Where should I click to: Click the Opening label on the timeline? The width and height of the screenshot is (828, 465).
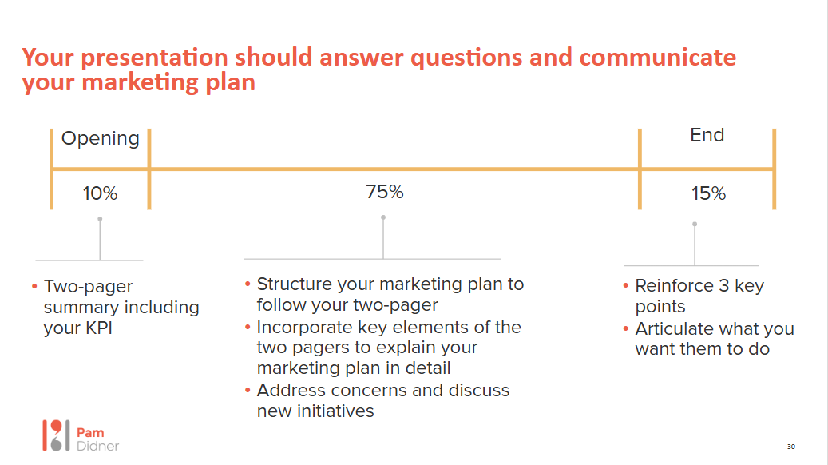[101, 139]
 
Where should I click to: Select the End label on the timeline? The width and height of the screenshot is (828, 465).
[707, 135]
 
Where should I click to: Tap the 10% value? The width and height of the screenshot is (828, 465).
[100, 193]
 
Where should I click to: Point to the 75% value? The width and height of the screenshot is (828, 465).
[384, 192]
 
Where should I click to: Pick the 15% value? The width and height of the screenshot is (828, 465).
[709, 193]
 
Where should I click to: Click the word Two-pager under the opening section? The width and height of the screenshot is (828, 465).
[88, 287]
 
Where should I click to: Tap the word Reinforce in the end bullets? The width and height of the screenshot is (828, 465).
[675, 286]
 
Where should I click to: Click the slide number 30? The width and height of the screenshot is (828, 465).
[791, 447]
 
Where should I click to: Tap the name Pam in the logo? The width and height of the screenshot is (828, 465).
[90, 433]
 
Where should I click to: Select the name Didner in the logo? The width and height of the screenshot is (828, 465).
[97, 447]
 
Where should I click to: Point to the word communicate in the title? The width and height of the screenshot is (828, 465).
[657, 57]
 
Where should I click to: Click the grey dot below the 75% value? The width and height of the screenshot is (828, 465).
[383, 217]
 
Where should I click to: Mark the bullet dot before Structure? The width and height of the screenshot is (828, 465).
[248, 284]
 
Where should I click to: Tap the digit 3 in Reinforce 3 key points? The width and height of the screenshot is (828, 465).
[724, 286]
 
